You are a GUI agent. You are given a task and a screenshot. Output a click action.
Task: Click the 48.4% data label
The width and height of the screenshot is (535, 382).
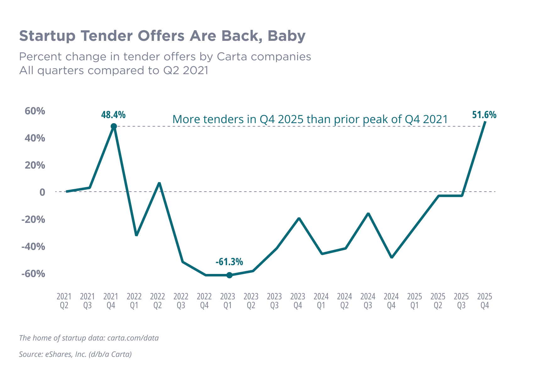pos(113,116)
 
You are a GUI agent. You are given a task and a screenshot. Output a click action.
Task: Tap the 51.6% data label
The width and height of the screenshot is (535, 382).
pos(484,116)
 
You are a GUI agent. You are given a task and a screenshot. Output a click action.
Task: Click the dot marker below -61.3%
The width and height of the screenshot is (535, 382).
pos(230,276)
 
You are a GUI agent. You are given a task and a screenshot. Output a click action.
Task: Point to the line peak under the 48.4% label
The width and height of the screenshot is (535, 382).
pos(114,126)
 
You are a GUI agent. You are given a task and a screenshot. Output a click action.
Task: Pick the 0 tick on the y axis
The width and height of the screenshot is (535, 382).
pos(41,192)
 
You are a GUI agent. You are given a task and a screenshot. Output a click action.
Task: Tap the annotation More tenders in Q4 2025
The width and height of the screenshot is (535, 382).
pos(309,119)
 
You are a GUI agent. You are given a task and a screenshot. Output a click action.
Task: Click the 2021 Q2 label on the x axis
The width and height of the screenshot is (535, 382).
pos(66,302)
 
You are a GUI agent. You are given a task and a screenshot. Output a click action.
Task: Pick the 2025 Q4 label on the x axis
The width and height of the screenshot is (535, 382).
pos(486,302)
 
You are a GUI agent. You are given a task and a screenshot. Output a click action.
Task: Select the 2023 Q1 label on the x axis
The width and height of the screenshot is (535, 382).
pos(230,302)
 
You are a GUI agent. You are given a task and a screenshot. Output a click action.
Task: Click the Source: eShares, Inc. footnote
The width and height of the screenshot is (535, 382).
pos(75,354)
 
